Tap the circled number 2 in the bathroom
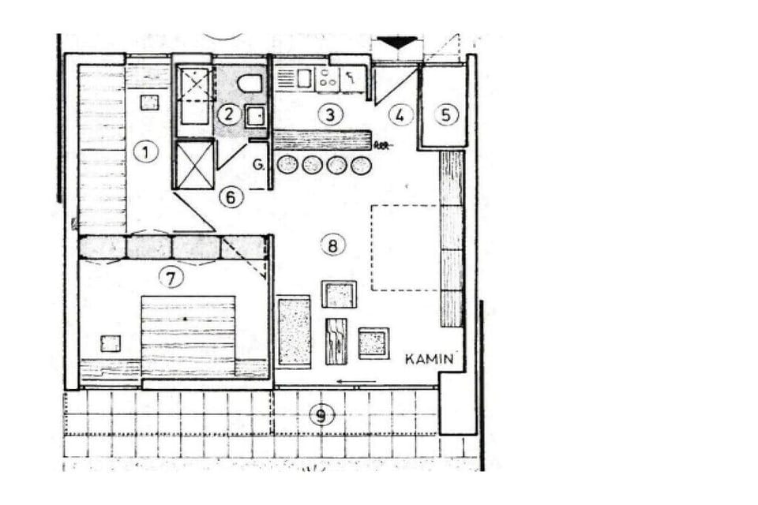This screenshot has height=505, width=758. (x=228, y=114)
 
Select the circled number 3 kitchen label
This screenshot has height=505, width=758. (x=331, y=115)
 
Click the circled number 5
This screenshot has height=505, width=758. (x=445, y=114)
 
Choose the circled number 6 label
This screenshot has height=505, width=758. (x=231, y=197)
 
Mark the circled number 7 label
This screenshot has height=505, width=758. (x=171, y=278)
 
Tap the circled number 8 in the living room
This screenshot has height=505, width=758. (x=332, y=245)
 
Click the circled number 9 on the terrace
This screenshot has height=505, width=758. (x=321, y=414)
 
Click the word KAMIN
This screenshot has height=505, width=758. (x=430, y=359)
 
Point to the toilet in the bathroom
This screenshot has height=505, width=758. (x=250, y=83)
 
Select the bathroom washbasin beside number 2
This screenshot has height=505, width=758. (x=255, y=116)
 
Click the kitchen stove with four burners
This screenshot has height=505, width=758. (x=328, y=79)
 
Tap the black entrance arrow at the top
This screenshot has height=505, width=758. (x=397, y=42)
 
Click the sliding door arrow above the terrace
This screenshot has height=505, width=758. (x=356, y=382)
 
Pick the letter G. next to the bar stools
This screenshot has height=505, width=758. (x=259, y=165)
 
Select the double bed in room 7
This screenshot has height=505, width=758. (x=188, y=336)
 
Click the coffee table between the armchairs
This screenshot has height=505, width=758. (x=336, y=341)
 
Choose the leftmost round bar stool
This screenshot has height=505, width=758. (x=287, y=165)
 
